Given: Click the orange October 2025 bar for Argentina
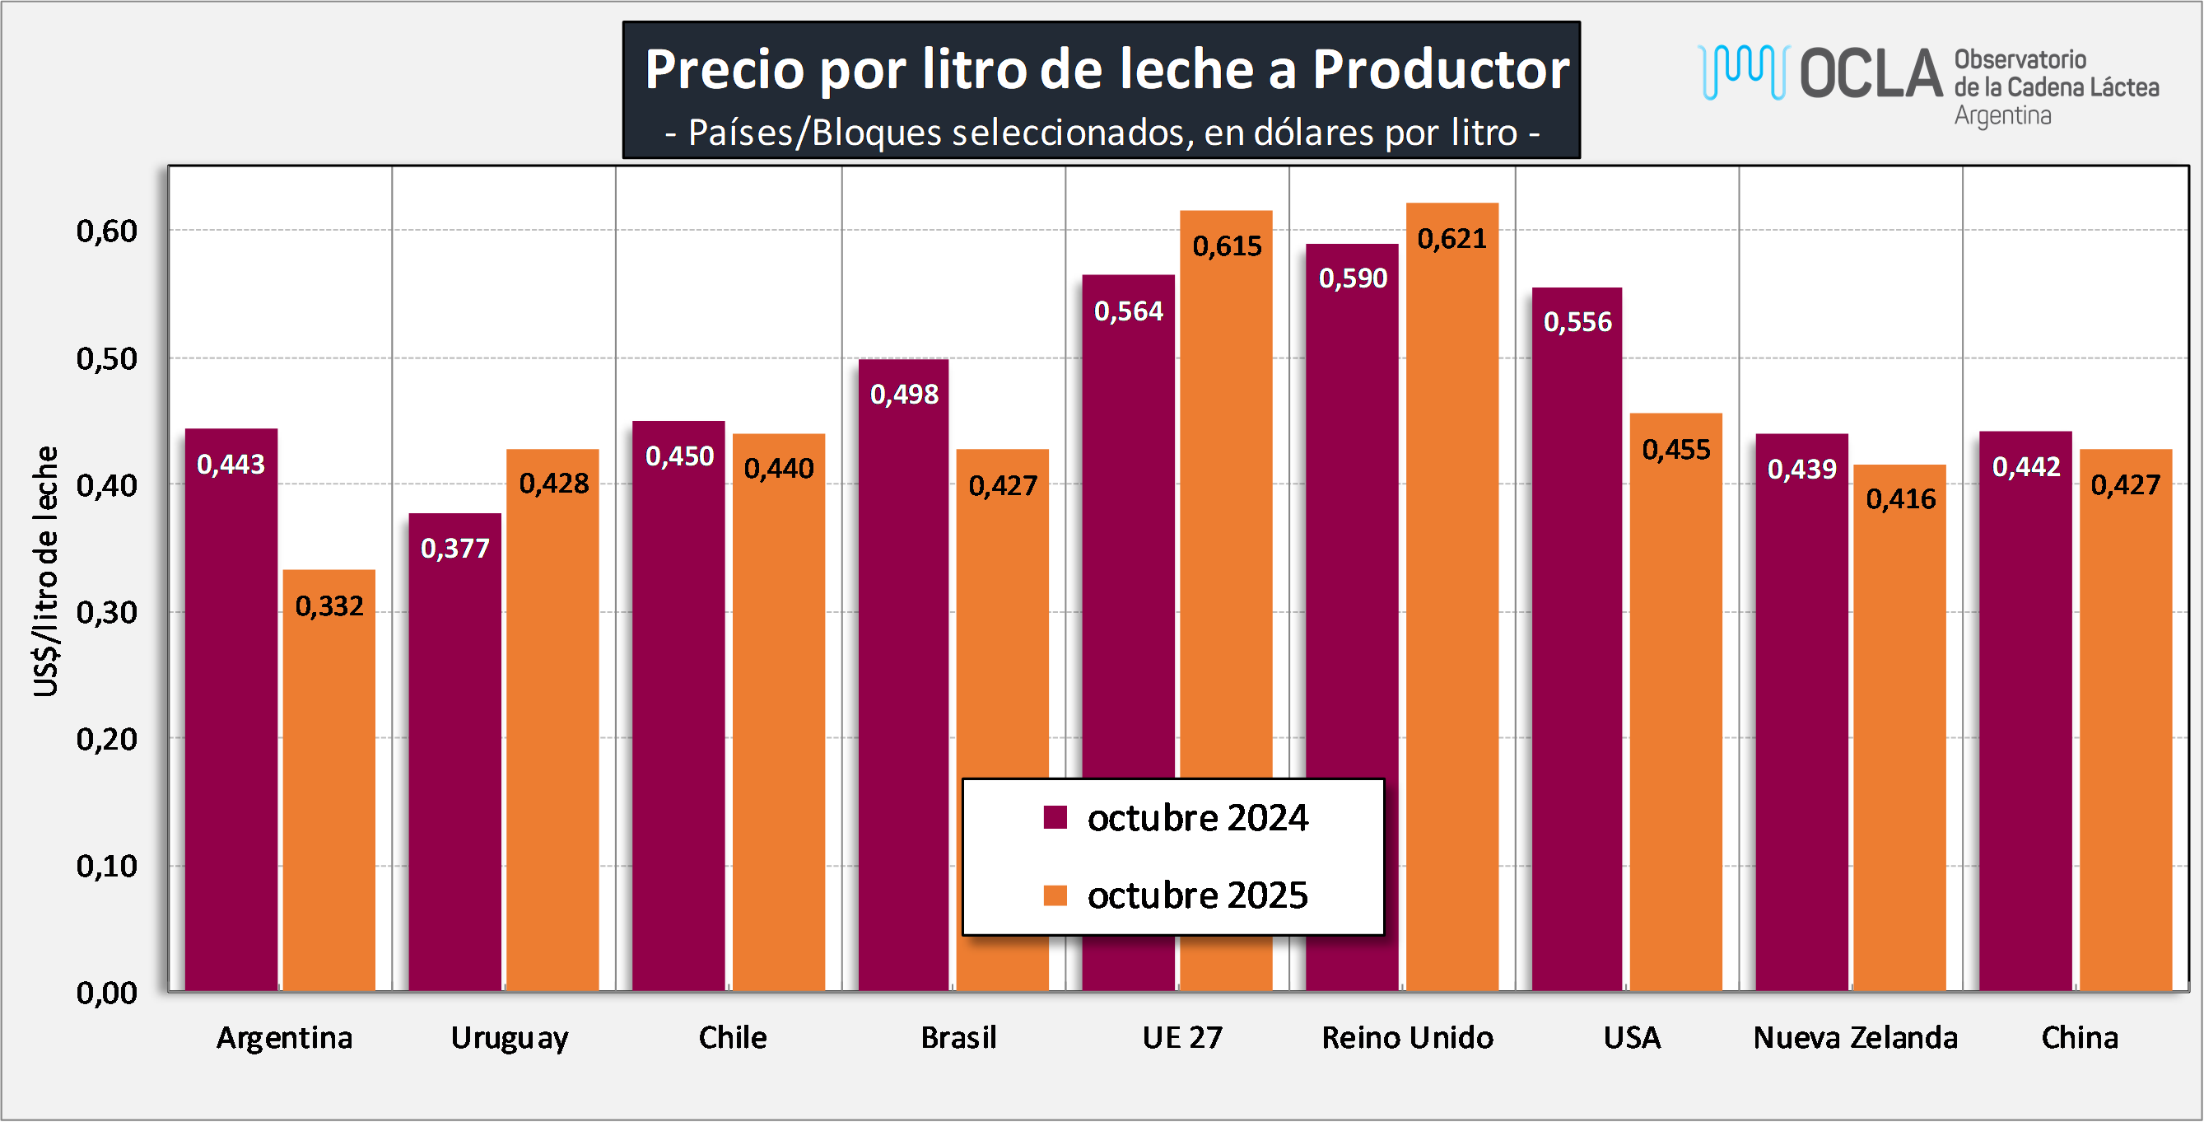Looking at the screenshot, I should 329,796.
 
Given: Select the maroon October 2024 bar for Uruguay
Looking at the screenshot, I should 454,770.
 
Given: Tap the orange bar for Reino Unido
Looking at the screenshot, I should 1452,599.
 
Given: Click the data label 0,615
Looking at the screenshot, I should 1227,246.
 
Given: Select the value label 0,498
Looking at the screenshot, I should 904,395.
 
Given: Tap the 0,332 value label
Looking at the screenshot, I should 329,607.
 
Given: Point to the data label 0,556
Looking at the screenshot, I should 1577,323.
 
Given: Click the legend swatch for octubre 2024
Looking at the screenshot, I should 1055,817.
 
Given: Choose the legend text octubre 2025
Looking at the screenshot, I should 1197,896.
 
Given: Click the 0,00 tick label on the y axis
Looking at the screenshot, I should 107,993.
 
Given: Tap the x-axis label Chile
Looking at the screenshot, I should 733,1038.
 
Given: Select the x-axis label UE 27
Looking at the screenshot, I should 1182,1038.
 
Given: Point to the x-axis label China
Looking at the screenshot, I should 2079,1038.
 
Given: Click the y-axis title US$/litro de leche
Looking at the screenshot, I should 46,572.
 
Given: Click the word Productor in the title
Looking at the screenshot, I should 1441,69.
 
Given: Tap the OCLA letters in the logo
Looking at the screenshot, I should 1871,73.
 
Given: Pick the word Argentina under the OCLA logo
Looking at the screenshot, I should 2002,115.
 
